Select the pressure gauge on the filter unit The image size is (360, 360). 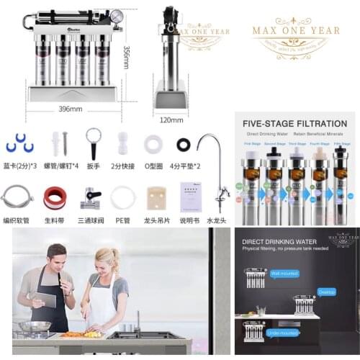tap(116, 17)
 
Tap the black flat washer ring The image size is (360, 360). tap(184, 144)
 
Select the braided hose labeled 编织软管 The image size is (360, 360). tap(17, 197)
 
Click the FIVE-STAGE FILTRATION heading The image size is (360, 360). tap(295, 123)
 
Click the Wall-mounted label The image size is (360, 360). tap(284, 274)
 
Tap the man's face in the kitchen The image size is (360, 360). tap(58, 256)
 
